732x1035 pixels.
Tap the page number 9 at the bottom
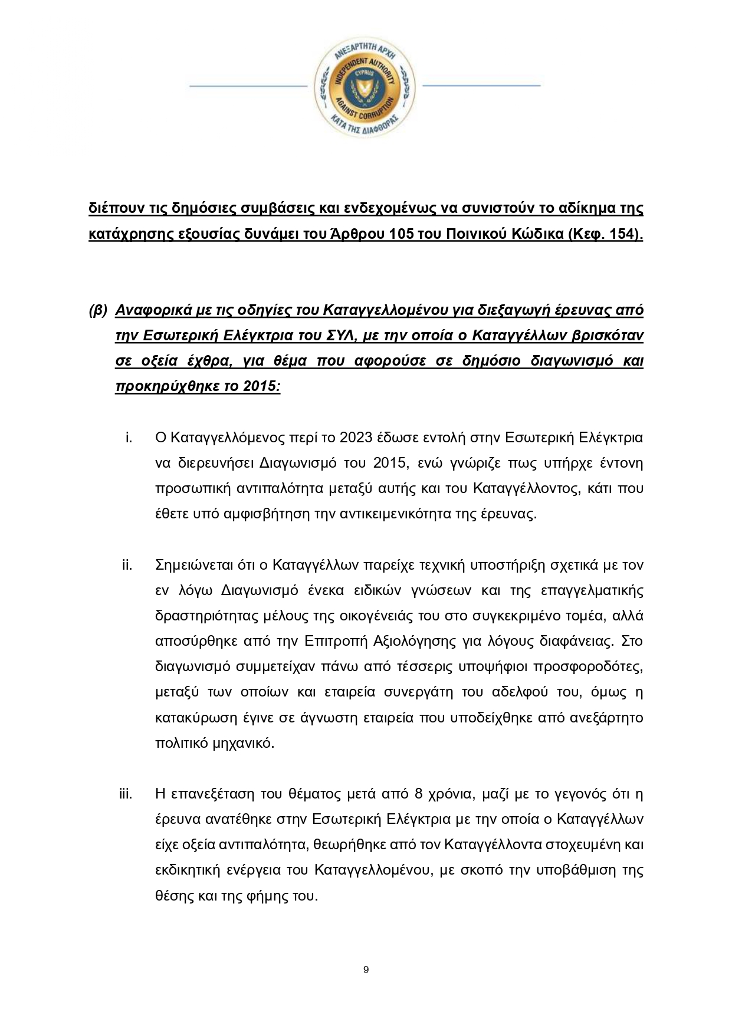pos(366,970)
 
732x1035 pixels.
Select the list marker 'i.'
pos(128,437)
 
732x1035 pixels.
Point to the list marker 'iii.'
pos(125,794)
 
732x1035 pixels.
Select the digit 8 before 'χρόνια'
pos(418,794)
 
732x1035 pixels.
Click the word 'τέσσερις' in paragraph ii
pos(461,666)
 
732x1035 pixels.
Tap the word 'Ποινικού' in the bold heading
pos(476,234)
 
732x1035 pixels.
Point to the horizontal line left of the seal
pos(248,87)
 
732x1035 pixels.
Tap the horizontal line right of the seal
pos(481,86)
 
